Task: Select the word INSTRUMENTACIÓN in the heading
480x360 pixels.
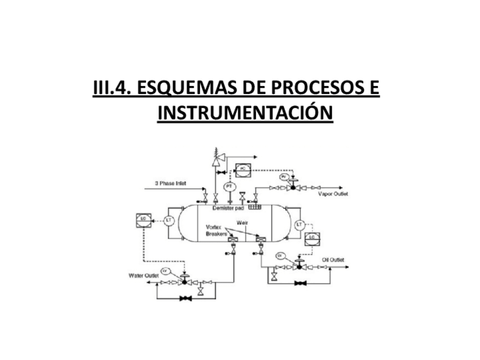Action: pyautogui.click(x=245, y=113)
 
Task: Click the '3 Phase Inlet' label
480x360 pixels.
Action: pyautogui.click(x=170, y=183)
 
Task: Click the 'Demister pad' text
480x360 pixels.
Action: pyautogui.click(x=228, y=208)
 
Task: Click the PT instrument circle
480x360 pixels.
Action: pyautogui.click(x=229, y=186)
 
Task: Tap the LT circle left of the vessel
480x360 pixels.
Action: pyautogui.click(x=168, y=220)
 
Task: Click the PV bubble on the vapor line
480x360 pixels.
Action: pyautogui.click(x=284, y=177)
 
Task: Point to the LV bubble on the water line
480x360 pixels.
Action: pyautogui.click(x=166, y=270)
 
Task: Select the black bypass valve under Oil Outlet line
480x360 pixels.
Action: pyautogui.click(x=298, y=282)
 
